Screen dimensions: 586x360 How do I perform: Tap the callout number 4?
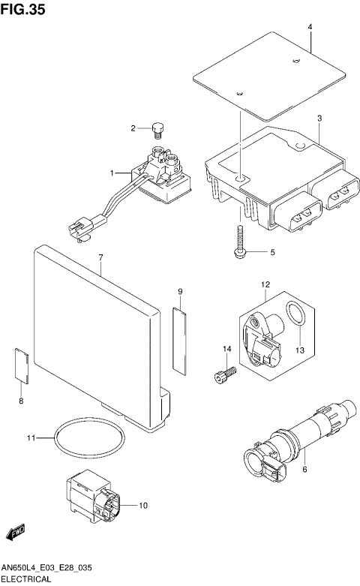coord(309,27)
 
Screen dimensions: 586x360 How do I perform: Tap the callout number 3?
coord(319,119)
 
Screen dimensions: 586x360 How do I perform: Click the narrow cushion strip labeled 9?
coord(180,340)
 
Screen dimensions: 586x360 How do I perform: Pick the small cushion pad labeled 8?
coord(22,367)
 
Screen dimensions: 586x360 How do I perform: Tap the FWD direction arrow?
coord(15,533)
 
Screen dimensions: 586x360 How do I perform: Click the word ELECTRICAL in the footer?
coord(28,579)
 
